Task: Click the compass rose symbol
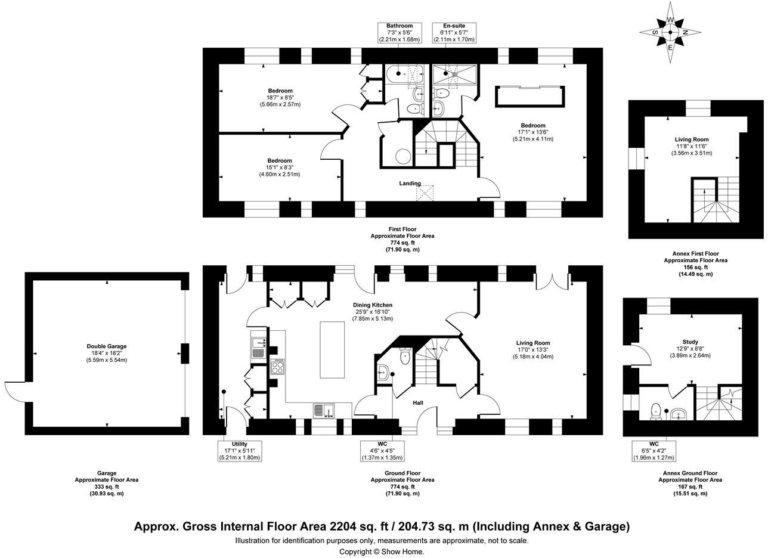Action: tap(670, 32)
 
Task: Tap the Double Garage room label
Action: tap(107, 346)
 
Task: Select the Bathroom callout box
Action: tap(399, 33)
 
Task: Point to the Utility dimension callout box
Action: tap(239, 451)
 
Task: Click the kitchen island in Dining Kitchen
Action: tap(332, 349)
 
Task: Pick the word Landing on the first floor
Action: tap(410, 184)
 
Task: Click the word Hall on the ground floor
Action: tap(418, 404)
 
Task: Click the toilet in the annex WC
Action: tap(656, 410)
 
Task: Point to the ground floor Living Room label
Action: tap(532, 343)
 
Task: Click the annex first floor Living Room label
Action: tap(691, 139)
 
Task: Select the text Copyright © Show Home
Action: tap(382, 551)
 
